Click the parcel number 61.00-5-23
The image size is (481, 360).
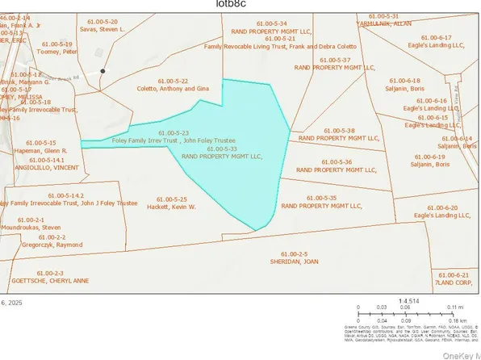[174, 132]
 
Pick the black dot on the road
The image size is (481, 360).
[103, 72]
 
